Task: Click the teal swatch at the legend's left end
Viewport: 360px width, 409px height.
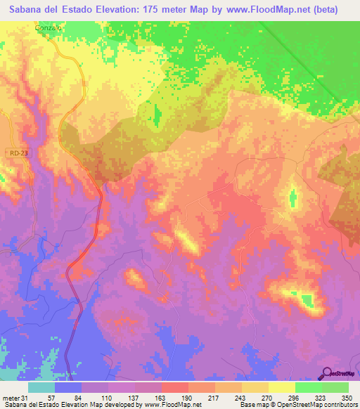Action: point(41,388)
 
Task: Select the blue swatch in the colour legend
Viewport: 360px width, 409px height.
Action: point(68,388)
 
